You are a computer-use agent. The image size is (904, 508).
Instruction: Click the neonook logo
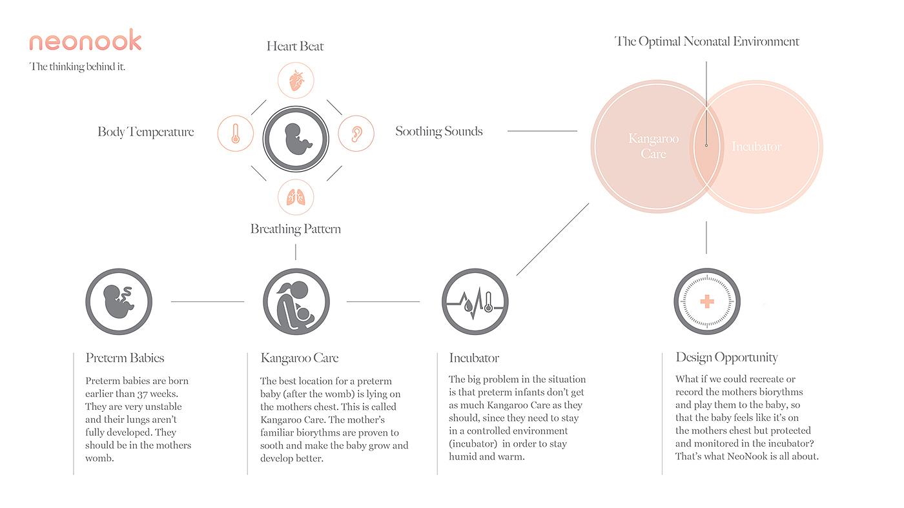[85, 41]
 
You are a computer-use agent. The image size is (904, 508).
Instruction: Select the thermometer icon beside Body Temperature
[235, 134]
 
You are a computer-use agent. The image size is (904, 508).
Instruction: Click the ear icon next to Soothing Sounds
[356, 134]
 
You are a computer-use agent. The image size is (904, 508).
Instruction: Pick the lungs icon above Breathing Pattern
[296, 197]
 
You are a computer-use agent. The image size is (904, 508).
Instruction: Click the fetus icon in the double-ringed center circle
[296, 139]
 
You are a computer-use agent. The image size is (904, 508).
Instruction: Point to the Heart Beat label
[295, 46]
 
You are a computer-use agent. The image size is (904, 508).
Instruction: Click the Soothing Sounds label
[439, 132]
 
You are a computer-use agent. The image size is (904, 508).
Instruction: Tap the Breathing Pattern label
[296, 229]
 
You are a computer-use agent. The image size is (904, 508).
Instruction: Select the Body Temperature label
[146, 132]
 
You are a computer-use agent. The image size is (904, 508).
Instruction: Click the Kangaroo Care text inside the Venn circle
[653, 146]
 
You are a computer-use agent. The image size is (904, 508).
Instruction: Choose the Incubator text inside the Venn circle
[756, 147]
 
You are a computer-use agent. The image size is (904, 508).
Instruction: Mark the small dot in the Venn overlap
[706, 145]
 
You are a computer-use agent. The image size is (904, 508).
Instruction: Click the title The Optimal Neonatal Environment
[707, 42]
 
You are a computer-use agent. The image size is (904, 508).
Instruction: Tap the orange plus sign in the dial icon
[706, 301]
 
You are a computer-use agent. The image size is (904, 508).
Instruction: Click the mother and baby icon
[296, 301]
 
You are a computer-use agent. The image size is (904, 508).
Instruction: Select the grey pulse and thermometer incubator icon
[475, 301]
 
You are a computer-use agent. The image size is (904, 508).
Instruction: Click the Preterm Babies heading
[125, 358]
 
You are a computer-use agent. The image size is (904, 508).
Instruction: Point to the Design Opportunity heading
[726, 358]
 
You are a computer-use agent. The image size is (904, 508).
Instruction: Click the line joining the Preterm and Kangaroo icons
[207, 301]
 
